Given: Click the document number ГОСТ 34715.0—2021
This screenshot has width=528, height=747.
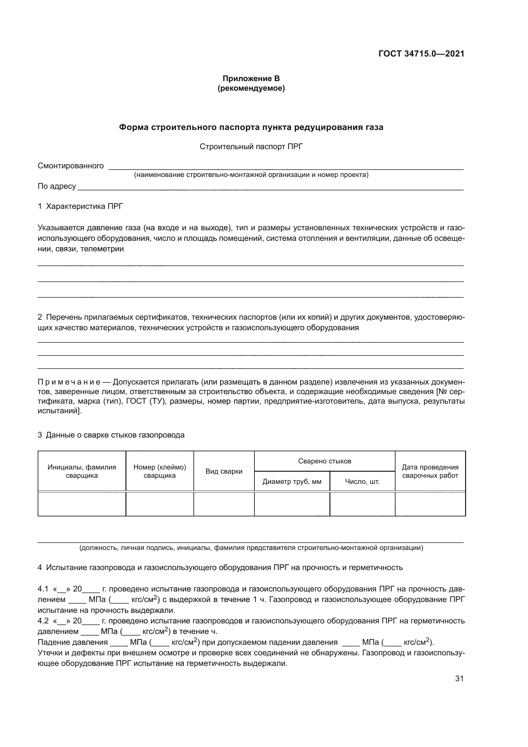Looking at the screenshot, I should click(x=421, y=54).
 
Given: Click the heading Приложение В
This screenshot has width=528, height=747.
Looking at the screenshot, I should click(x=251, y=79).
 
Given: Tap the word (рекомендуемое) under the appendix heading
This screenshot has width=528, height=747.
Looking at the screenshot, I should click(x=251, y=88).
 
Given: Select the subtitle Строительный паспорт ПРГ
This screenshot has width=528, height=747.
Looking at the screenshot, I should click(x=251, y=147).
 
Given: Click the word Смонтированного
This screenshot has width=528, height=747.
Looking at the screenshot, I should click(x=71, y=166).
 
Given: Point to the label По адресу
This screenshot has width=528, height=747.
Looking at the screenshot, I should click(x=57, y=187).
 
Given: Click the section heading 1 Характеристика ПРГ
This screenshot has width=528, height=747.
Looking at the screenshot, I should click(x=80, y=206).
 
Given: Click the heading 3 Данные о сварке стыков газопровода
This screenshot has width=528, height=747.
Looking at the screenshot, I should click(x=111, y=435).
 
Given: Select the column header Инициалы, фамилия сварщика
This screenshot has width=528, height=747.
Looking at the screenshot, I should click(x=82, y=471).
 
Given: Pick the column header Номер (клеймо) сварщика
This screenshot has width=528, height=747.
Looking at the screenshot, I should click(x=160, y=471).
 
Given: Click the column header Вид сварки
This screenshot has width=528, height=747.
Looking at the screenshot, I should click(x=224, y=471).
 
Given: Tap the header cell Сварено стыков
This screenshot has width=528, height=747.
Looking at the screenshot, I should click(x=324, y=461).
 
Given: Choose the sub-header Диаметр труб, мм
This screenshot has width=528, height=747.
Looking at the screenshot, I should click(x=292, y=482).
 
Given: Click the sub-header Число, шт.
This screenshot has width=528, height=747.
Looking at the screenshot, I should click(x=362, y=482).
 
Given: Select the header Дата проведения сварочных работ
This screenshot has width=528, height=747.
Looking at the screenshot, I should click(x=430, y=471).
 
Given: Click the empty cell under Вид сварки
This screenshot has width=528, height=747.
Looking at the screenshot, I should click(x=224, y=504).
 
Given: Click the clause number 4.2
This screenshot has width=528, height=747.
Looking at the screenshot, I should click(x=43, y=621).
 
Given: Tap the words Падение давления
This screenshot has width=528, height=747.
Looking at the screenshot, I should click(x=72, y=642).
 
